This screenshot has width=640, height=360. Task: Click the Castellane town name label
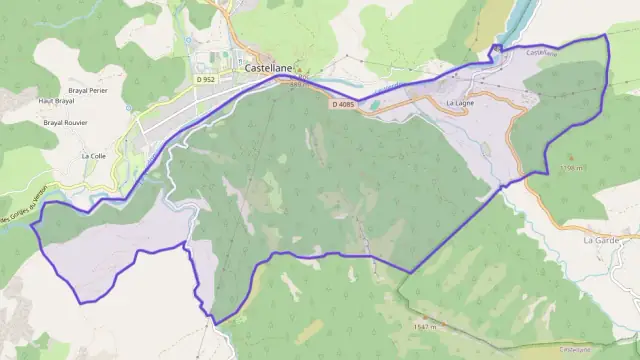tap(269, 59)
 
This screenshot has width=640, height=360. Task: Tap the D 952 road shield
tap(206, 79)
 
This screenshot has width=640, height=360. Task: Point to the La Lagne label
tap(460, 102)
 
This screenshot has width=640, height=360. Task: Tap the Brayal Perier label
tap(87, 90)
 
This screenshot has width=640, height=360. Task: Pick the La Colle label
tap(93, 156)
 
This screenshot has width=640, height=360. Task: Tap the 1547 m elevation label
tap(426, 326)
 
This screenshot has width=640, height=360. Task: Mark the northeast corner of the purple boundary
tap(606, 35)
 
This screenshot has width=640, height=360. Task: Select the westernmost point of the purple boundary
tap(32, 225)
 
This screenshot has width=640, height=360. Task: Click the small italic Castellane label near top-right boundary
tap(540, 53)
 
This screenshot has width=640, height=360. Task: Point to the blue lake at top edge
tap(520, 15)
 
